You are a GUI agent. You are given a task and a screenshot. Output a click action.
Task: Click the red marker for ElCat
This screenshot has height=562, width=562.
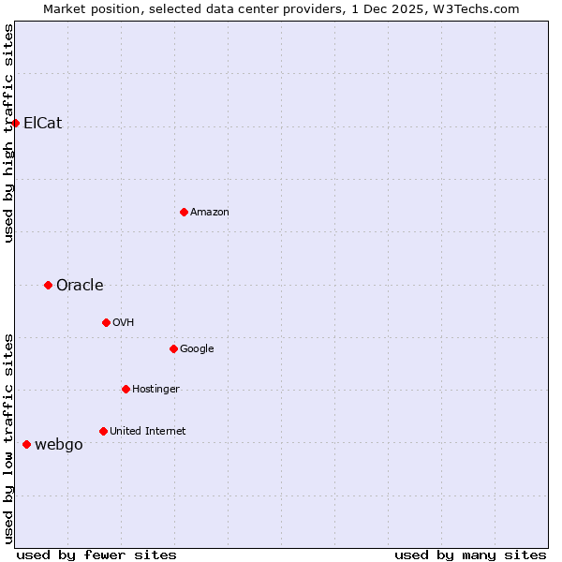coord(15,123)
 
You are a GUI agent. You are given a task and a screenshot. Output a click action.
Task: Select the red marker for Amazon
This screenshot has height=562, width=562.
coord(184,212)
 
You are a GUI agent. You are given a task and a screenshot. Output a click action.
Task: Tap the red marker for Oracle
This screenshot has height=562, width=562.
coord(48,285)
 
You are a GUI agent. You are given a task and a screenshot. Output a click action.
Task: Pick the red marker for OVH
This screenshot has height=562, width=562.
coord(106,322)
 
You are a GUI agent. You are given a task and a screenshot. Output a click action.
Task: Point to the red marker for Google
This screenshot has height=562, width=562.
coord(173,348)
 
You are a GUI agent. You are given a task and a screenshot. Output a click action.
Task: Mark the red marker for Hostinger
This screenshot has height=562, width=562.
coord(126,389)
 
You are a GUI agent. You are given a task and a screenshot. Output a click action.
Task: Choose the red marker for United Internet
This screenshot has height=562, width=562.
coord(103,431)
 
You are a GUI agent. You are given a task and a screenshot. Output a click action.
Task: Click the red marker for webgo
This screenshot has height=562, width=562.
coord(26,444)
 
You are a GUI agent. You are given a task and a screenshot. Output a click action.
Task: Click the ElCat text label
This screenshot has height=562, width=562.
coord(42,123)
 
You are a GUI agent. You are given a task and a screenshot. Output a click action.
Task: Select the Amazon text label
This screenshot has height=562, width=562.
coord(210,212)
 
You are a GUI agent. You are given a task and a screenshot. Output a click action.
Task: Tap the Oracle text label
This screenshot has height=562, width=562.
coord(80,285)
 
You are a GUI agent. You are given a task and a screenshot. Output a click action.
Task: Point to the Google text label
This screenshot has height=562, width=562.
coord(197,348)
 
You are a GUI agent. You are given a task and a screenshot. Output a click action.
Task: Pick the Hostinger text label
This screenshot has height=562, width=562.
coord(155,389)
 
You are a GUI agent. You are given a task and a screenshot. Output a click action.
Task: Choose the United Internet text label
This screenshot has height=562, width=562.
coord(147,431)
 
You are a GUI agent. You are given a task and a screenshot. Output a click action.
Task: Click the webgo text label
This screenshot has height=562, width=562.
coord(58,444)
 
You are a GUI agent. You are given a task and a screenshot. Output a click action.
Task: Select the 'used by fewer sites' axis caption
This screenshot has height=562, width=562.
coord(96,555)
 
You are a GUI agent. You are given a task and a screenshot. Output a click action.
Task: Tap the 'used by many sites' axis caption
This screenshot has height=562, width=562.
coord(470,555)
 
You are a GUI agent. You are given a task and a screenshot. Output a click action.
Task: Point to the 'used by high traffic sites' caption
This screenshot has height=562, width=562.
coord(8,133)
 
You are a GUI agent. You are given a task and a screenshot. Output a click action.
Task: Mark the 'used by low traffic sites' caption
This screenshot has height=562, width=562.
coord(8,438)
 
